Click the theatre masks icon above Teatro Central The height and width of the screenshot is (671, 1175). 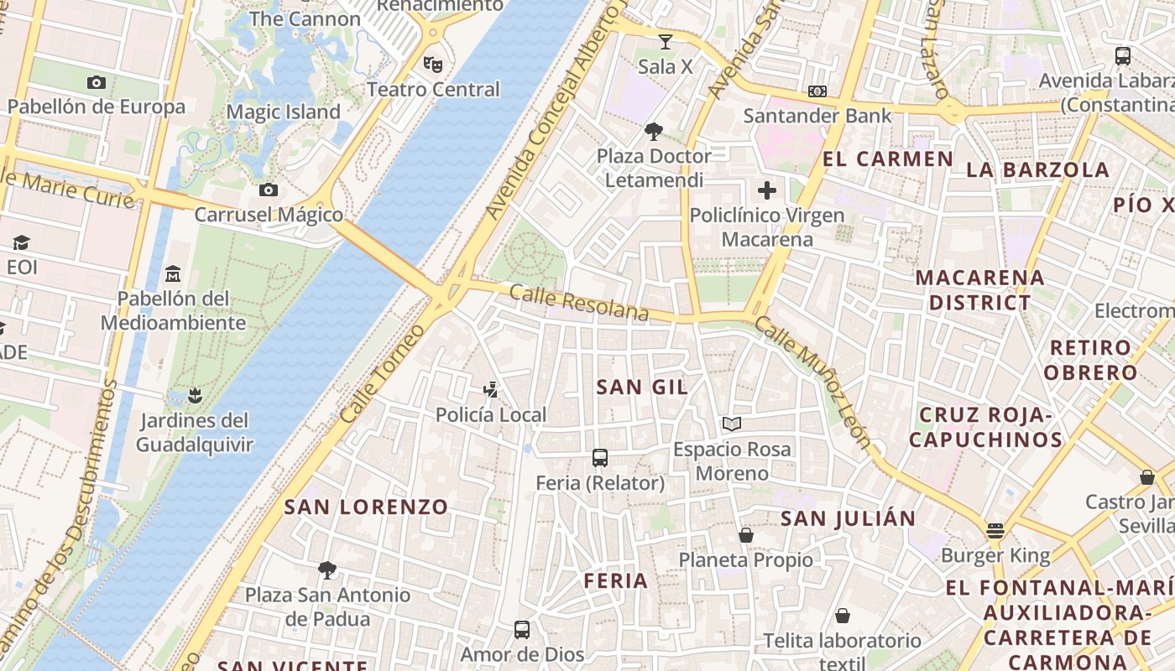click(433, 63)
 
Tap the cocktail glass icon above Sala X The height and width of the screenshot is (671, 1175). click(666, 41)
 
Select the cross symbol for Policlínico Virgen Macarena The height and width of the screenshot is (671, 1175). click(766, 190)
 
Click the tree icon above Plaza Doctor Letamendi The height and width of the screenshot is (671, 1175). click(653, 131)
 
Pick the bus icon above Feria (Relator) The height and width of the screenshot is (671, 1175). click(600, 458)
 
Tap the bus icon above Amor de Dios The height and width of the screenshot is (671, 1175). click(522, 629)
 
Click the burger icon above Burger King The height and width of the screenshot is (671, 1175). click(995, 530)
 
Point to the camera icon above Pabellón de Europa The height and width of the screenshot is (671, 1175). click(97, 82)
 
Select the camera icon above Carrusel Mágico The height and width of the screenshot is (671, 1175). click(269, 190)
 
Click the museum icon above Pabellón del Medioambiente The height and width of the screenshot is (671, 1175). click(173, 273)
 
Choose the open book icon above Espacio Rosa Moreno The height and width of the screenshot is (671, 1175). click(732, 424)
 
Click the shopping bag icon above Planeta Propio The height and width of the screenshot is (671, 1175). click(745, 535)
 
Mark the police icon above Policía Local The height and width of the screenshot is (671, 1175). click(491, 389)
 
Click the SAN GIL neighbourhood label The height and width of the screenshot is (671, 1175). click(642, 387)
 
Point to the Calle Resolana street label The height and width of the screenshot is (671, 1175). click(579, 303)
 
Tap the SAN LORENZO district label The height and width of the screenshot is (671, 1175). click(366, 507)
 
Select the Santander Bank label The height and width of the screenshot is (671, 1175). click(817, 116)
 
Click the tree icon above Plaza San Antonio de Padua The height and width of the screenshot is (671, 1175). click(327, 570)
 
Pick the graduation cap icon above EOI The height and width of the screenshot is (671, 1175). click(21, 242)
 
